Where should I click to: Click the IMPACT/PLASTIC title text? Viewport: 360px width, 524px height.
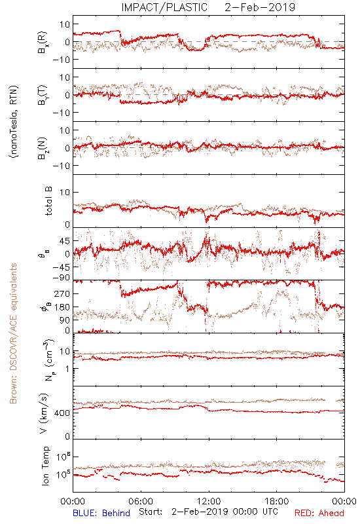pyautogui.click(x=164, y=7)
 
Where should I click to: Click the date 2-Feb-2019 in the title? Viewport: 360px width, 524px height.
pyautogui.click(x=260, y=7)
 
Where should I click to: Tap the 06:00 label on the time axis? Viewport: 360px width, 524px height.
pyautogui.click(x=141, y=501)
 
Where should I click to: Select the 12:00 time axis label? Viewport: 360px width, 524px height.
pyautogui.click(x=209, y=501)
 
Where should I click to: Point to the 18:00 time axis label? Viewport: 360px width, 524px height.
pyautogui.click(x=277, y=501)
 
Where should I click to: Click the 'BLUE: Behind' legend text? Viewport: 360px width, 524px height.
pyautogui.click(x=101, y=513)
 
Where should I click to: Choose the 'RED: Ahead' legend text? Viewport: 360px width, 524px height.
pyautogui.click(x=319, y=513)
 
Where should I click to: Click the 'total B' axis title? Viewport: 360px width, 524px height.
pyautogui.click(x=48, y=201)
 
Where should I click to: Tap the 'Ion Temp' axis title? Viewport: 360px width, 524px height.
pyautogui.click(x=46, y=466)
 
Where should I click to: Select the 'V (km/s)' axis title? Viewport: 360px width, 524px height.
pyautogui.click(x=44, y=413)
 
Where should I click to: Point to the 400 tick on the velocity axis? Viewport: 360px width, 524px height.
pyautogui.click(x=63, y=413)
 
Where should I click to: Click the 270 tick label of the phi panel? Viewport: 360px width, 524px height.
pyautogui.click(x=63, y=293)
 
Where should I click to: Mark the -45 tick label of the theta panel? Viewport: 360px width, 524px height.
pyautogui.click(x=61, y=267)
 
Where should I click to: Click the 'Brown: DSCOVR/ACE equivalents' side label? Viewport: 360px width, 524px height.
pyautogui.click(x=13, y=333)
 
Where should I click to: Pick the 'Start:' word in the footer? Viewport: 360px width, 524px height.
pyautogui.click(x=151, y=512)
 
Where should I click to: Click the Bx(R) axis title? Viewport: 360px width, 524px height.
pyautogui.click(x=43, y=43)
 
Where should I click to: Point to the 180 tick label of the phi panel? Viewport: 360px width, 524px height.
pyautogui.click(x=63, y=307)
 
